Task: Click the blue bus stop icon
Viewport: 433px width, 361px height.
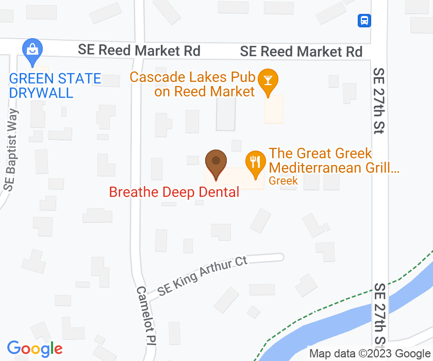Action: coord(364,21)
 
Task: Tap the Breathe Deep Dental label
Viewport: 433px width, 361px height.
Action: coord(174,192)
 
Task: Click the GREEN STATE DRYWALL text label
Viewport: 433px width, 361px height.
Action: coord(55,86)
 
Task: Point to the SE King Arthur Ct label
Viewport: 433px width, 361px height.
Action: coord(203,276)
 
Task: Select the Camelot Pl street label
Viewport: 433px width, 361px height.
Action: coord(146,315)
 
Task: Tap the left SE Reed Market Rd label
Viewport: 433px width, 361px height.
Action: coord(139,50)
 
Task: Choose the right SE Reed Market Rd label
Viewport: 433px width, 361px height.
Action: coord(301,52)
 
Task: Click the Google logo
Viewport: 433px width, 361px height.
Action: coord(35,349)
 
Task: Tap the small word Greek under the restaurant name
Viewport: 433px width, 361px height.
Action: coord(284,180)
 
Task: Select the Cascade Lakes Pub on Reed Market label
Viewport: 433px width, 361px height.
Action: coord(193,85)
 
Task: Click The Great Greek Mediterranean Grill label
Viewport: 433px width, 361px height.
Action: coord(334,160)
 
